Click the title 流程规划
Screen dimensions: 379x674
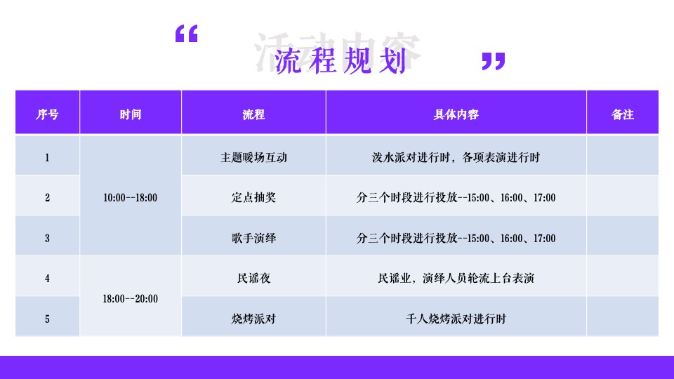[x=341, y=62]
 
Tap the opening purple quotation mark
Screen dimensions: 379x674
[x=186, y=34]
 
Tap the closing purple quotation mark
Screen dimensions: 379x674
[x=493, y=61]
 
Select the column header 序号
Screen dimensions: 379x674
[x=47, y=114]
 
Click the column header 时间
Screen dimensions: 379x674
[x=130, y=114]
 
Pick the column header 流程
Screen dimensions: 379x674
[x=253, y=114]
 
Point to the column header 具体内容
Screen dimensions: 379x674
[x=456, y=114]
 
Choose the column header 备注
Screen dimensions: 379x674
[x=622, y=114]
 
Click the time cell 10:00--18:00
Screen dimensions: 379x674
[x=130, y=198]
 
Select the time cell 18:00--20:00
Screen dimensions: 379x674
[x=130, y=298]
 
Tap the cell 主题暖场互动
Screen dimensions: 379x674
[x=253, y=157]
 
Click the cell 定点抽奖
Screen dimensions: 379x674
[x=253, y=198]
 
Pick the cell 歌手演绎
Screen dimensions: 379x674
[x=253, y=239]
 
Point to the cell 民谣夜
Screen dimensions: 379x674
[x=253, y=279]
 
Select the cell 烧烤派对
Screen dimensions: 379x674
[x=253, y=319]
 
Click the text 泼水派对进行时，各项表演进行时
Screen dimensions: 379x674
[x=456, y=157]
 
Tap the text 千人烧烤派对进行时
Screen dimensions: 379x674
[x=456, y=319]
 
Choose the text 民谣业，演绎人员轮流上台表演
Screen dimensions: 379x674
[x=456, y=279]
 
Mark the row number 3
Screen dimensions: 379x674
[x=47, y=239]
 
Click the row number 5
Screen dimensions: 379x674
[x=47, y=319]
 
